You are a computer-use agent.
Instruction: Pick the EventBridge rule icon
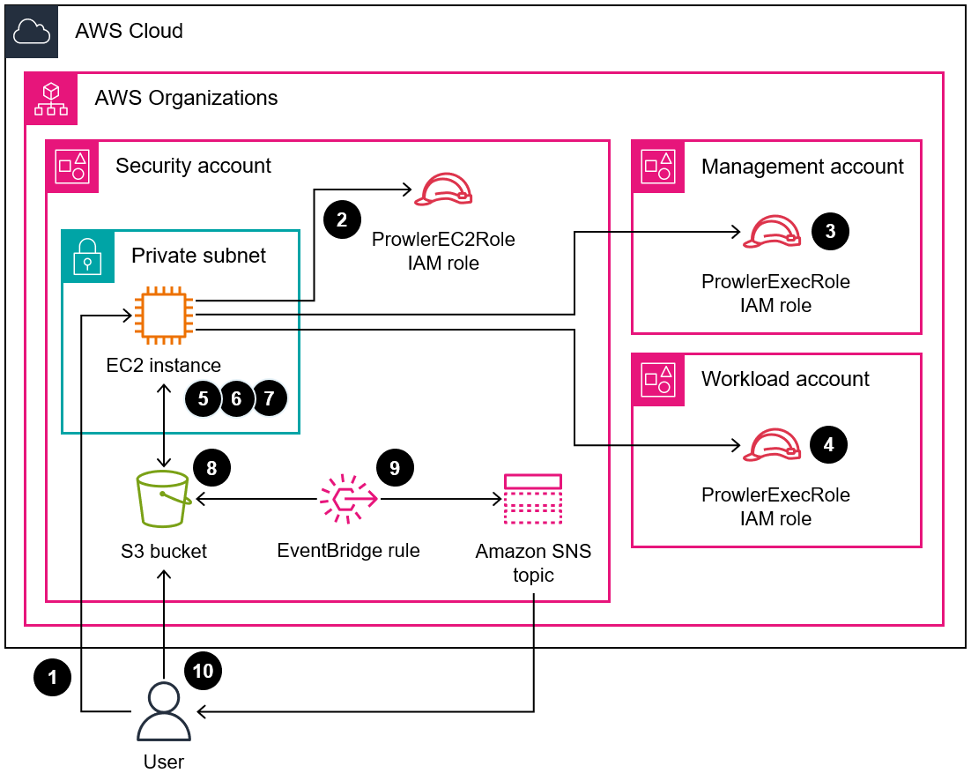[x=348, y=500]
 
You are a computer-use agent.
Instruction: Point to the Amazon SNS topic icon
[x=532, y=500]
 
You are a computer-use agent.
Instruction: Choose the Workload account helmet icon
[x=772, y=446]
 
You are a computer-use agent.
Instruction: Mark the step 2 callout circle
[x=342, y=219]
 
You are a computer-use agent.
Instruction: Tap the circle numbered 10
[x=203, y=671]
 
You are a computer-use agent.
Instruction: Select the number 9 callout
[x=395, y=467]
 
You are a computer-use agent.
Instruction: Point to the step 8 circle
[x=211, y=467]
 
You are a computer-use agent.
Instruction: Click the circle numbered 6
[x=236, y=398]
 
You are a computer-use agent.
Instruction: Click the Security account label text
[x=193, y=166]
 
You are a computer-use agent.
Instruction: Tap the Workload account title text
[x=785, y=379]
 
